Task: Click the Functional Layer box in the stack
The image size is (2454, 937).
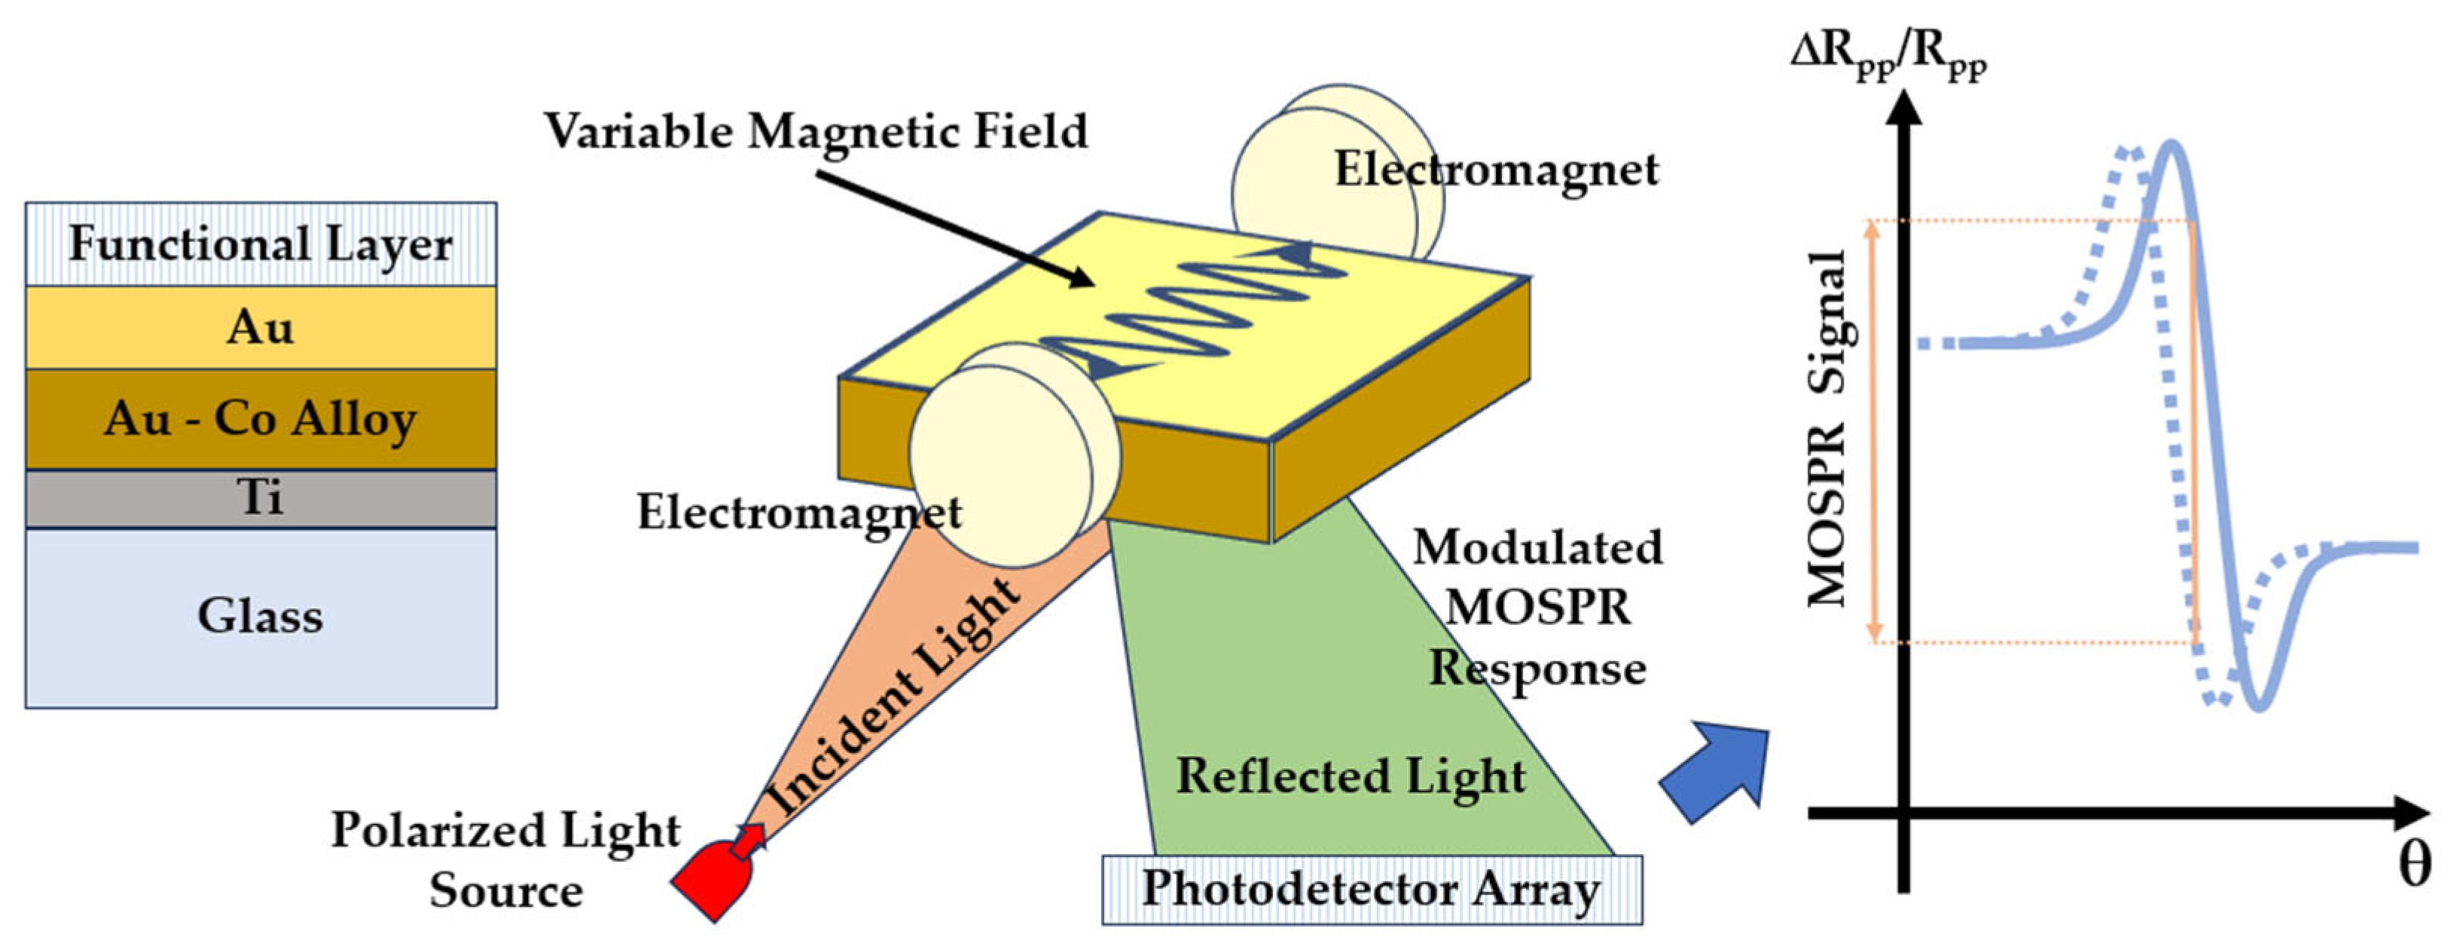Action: click(260, 244)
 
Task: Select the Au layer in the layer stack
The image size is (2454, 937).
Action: click(260, 327)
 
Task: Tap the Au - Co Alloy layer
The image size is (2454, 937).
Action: click(260, 418)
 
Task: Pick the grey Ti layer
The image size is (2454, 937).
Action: click(260, 498)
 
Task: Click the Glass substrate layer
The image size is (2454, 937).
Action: click(260, 616)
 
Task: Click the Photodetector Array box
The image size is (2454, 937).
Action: click(1372, 890)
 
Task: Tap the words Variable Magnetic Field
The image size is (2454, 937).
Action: click(816, 130)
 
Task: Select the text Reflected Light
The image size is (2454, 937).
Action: click(1351, 775)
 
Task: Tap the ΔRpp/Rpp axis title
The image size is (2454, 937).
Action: click(1888, 55)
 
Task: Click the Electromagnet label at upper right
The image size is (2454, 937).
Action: click(1496, 170)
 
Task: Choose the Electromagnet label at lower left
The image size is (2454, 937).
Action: click(798, 512)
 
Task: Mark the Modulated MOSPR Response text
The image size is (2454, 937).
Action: click(1537, 607)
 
